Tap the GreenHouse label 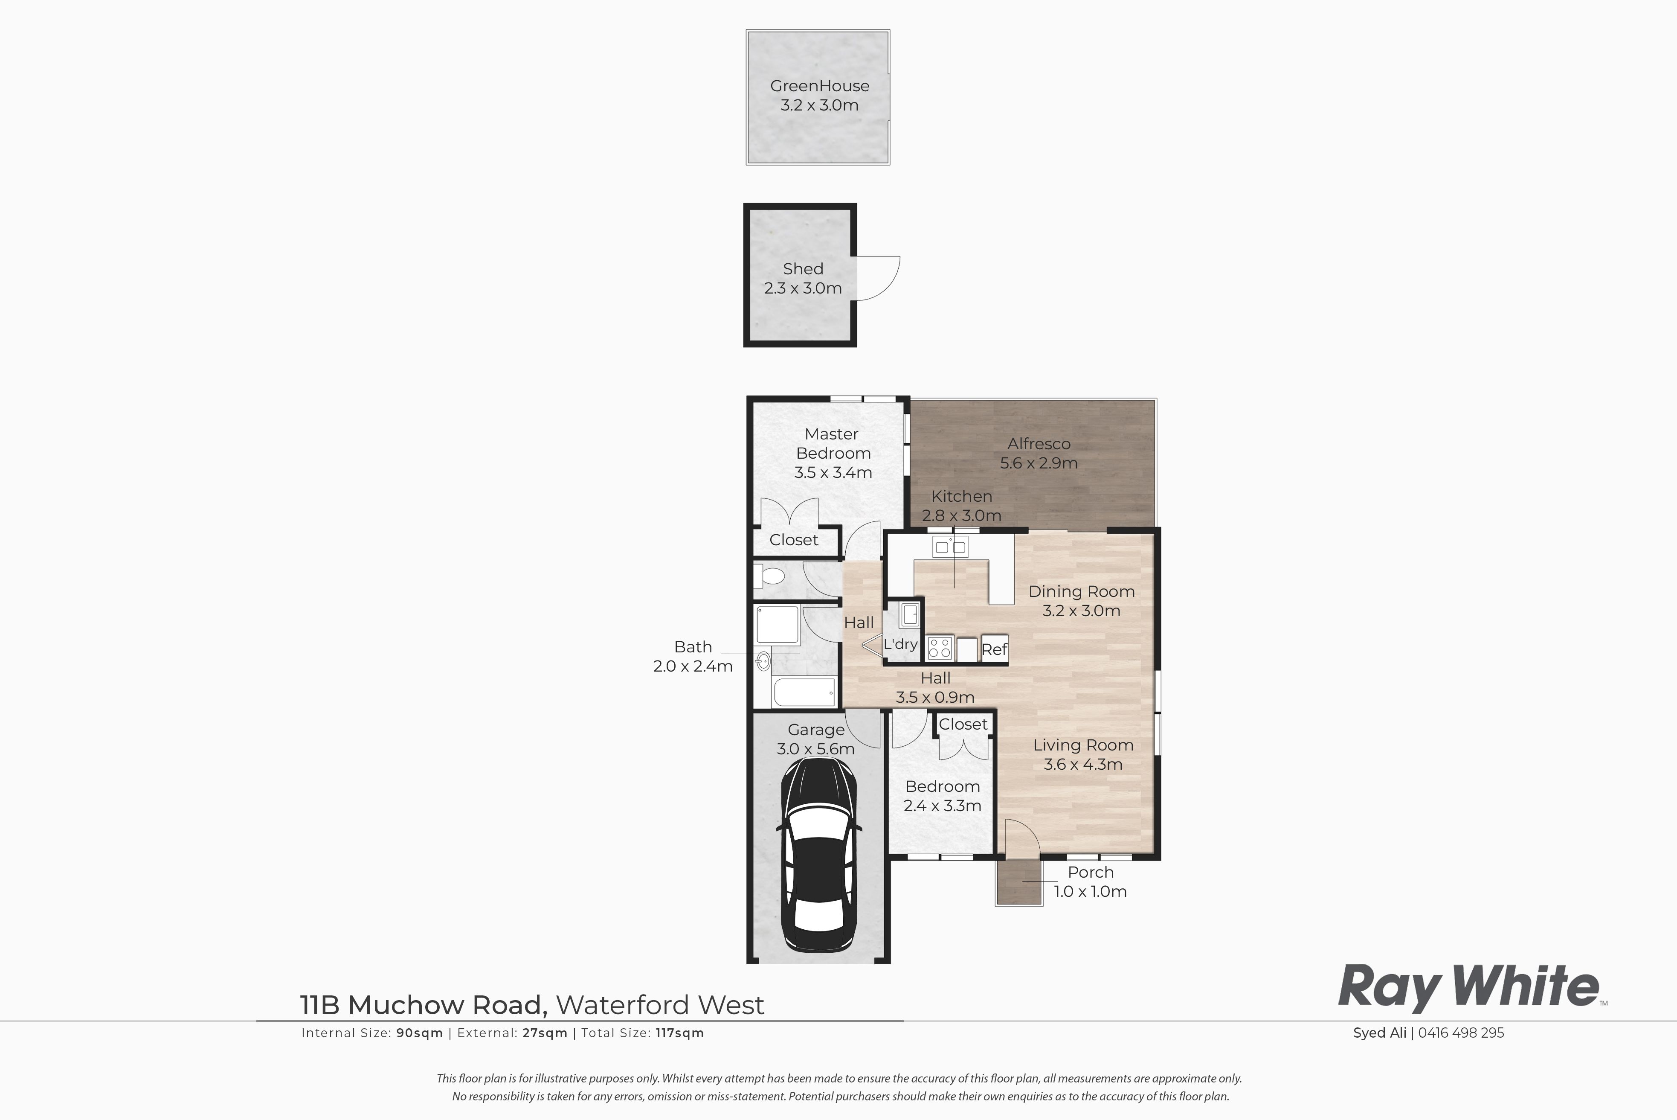click(x=820, y=86)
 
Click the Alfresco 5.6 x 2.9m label click(x=1039, y=453)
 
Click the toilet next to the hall click(x=769, y=575)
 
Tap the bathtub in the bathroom click(x=804, y=692)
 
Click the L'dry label click(x=900, y=644)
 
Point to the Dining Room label click(x=1082, y=591)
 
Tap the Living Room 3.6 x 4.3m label click(x=1083, y=754)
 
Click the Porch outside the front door click(x=1019, y=882)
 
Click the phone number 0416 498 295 click(x=1461, y=1033)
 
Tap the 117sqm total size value click(x=680, y=1033)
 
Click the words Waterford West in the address click(x=660, y=1005)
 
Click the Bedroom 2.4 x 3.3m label click(x=943, y=796)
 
